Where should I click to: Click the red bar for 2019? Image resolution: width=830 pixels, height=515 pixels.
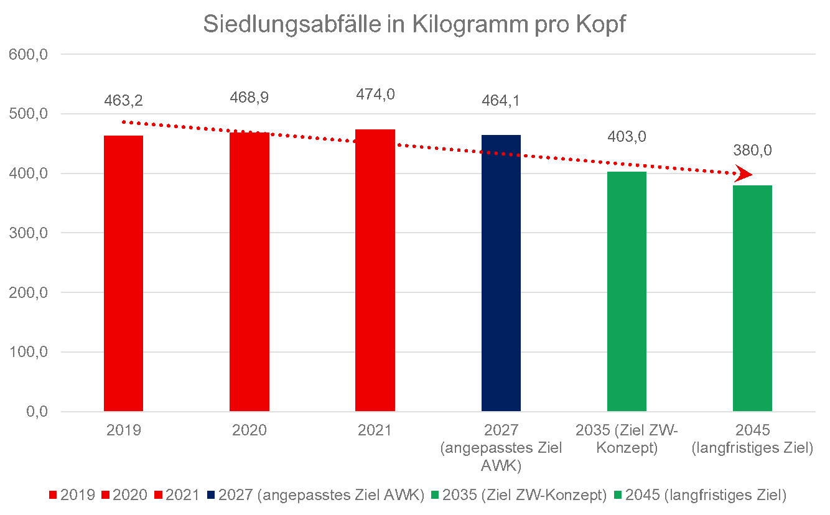(123, 274)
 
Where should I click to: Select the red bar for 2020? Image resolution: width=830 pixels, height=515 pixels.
(249, 272)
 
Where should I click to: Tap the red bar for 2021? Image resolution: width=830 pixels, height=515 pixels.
(375, 271)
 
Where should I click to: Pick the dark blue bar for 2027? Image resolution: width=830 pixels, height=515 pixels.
(501, 273)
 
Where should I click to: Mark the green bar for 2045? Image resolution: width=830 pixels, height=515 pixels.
(752, 299)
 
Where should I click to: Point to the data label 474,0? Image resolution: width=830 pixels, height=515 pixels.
(375, 95)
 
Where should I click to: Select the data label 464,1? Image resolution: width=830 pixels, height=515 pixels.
(501, 100)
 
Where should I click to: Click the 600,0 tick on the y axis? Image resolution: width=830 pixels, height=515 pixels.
(28, 55)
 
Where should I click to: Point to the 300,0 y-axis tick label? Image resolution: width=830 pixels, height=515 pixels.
(28, 233)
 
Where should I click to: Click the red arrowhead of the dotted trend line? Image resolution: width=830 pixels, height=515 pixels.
(743, 174)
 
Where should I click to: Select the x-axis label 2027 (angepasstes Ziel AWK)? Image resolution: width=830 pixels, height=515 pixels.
(501, 448)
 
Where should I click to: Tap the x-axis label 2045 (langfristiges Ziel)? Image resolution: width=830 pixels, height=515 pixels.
(752, 439)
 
